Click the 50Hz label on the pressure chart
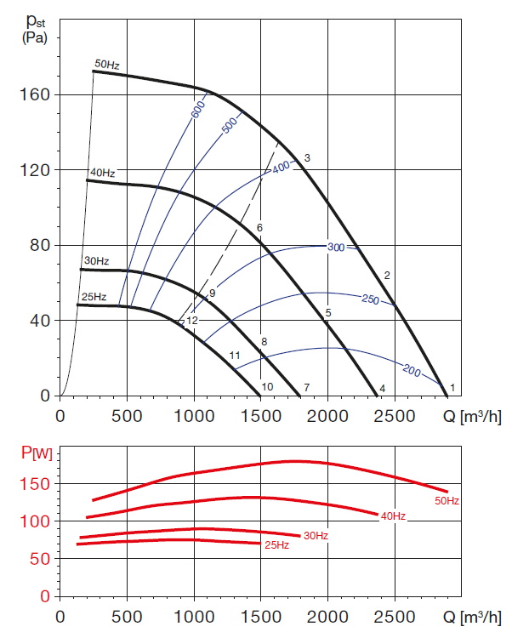pos(107,65)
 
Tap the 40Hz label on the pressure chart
pos(102,173)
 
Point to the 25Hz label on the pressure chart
pos(94,297)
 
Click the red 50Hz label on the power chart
pos(447,501)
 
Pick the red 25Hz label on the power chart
pos(276,545)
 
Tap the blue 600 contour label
pos(198,109)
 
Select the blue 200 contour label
pos(412,373)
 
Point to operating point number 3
pos(306,158)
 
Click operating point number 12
pos(192,321)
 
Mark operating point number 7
pos(306,388)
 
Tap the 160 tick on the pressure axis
pos(37,94)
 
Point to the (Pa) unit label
pos(31,39)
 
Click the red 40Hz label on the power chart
pos(392,516)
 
